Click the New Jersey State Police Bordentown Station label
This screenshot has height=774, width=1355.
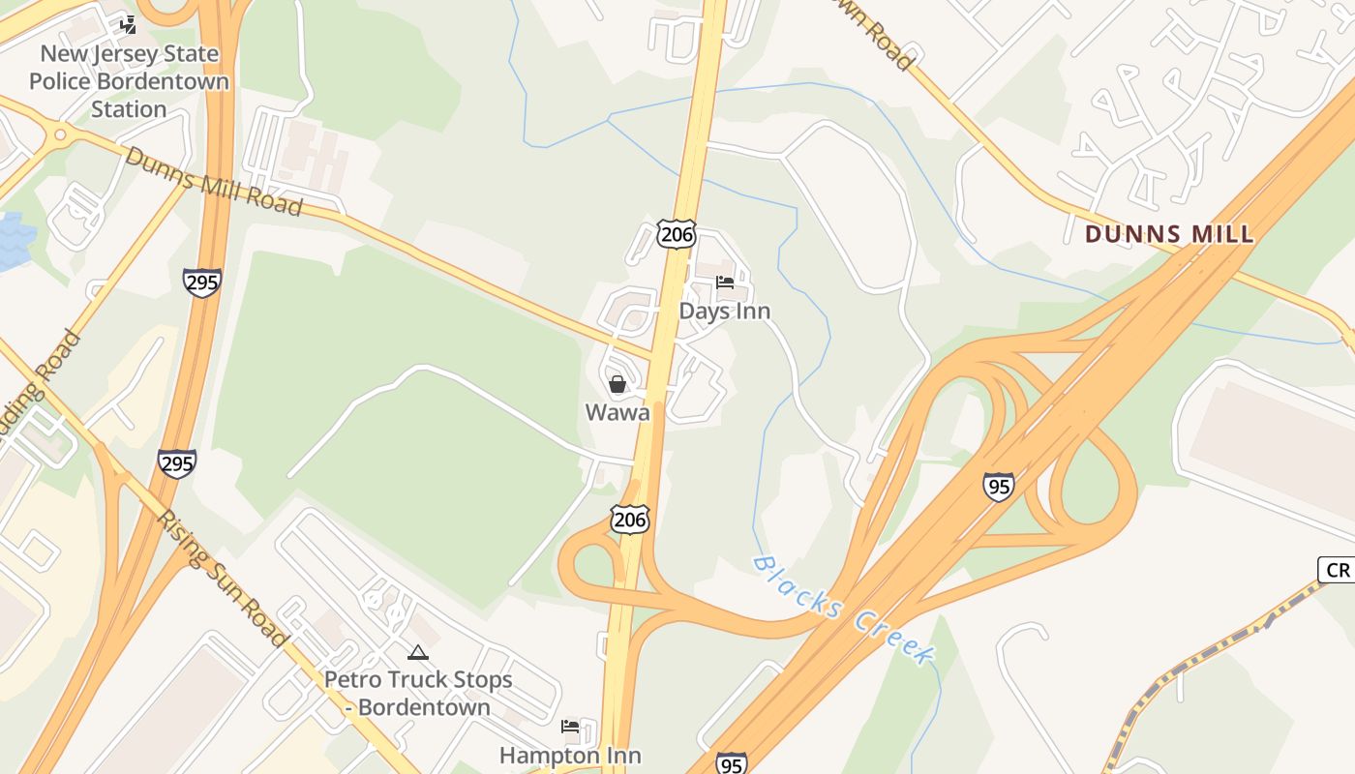129,81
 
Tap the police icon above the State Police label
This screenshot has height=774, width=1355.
129,25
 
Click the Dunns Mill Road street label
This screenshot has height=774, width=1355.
213,181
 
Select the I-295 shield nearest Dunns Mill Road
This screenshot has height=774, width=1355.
202,282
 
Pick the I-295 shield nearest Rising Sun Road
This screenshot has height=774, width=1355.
177,463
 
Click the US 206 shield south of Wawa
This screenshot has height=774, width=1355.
629,519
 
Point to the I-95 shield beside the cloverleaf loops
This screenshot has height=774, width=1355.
998,486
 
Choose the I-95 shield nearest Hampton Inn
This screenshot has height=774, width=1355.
731,762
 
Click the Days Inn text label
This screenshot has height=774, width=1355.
725,311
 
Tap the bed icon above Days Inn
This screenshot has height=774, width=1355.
725,283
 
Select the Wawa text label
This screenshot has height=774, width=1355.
617,412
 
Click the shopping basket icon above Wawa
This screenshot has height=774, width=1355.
617,384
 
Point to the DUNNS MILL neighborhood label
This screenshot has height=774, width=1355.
1169,233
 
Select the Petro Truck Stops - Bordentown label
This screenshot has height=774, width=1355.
418,693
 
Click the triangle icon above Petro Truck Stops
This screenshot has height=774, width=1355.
418,653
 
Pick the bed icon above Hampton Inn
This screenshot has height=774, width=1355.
570,727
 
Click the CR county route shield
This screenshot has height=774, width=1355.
1338,570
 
